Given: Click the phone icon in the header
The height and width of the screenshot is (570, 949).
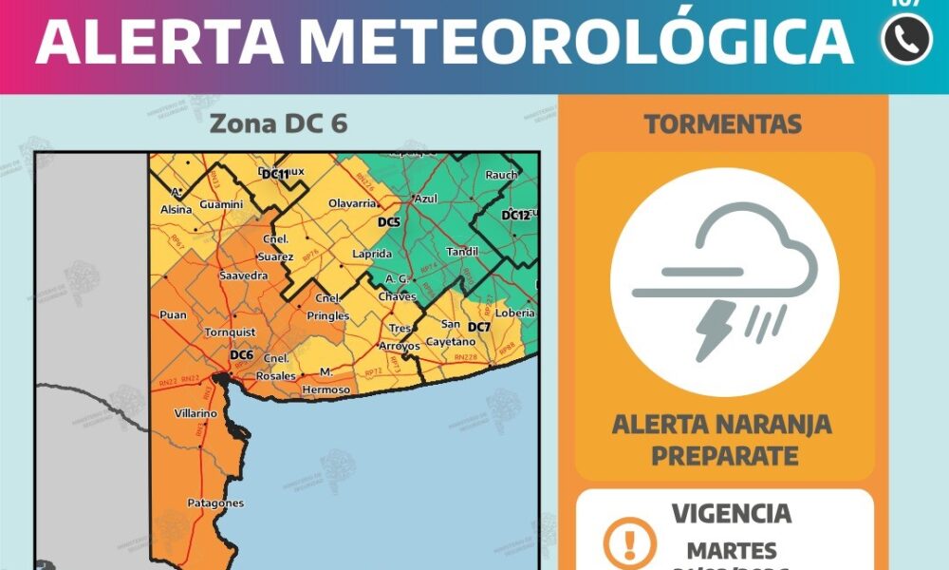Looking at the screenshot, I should click(906, 40).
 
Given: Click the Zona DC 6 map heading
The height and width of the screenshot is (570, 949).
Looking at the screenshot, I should click(277, 124).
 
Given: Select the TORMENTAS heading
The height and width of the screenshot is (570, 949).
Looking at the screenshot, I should click(722, 123).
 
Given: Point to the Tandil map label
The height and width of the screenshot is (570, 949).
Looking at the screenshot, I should click(463, 252).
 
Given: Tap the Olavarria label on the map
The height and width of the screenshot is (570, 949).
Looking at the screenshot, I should click(353, 204).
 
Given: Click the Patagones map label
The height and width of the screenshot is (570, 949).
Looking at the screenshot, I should click(215, 503).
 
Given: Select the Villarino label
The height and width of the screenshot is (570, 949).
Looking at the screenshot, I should click(196, 414).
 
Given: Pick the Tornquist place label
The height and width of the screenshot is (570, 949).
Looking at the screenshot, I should click(231, 332).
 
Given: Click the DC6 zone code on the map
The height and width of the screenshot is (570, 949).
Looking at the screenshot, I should click(242, 355).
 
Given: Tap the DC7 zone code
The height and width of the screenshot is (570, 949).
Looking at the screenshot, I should click(479, 328).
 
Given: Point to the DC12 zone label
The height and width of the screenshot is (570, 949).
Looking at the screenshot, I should click(515, 215).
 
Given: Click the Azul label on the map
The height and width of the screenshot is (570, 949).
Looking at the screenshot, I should click(425, 199).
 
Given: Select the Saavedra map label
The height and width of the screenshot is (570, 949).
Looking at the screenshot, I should click(243, 275).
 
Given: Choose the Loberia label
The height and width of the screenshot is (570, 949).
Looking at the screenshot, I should click(515, 313).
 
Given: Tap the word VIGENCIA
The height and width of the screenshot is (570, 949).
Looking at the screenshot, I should click(731, 514).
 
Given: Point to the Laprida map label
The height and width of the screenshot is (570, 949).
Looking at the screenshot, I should click(371, 255).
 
